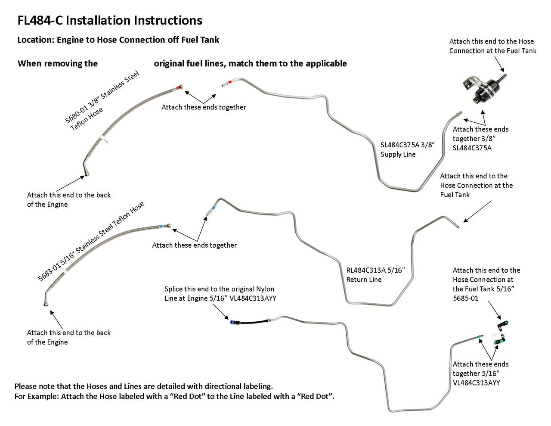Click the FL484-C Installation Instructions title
tap(110, 21)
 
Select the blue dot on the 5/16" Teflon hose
tap(161, 226)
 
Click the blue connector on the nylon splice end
tap(233, 321)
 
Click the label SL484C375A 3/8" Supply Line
tap(407, 149)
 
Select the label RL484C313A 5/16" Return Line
tap(375, 275)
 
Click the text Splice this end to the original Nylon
tap(219, 289)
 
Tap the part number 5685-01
tap(465, 298)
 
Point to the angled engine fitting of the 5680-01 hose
tap(87, 168)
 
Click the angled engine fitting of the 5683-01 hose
tap(46, 299)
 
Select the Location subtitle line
tap(118, 40)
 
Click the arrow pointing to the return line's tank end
tap(477, 211)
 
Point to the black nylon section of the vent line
tap(252, 321)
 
